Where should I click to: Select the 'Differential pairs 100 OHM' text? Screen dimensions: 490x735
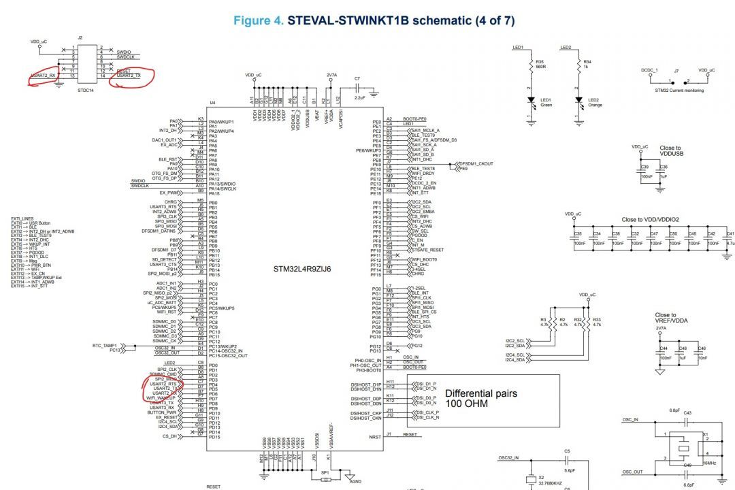(x=480, y=398)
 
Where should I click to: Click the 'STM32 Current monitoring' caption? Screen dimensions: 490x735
(x=679, y=90)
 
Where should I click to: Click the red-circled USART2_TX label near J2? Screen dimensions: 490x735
(x=129, y=76)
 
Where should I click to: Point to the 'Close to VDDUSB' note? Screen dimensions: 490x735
(x=670, y=151)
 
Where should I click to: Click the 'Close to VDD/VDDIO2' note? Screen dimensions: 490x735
(x=650, y=220)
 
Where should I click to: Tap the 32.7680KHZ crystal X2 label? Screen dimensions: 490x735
(x=549, y=483)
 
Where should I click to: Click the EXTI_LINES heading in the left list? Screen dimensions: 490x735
(x=22, y=218)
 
